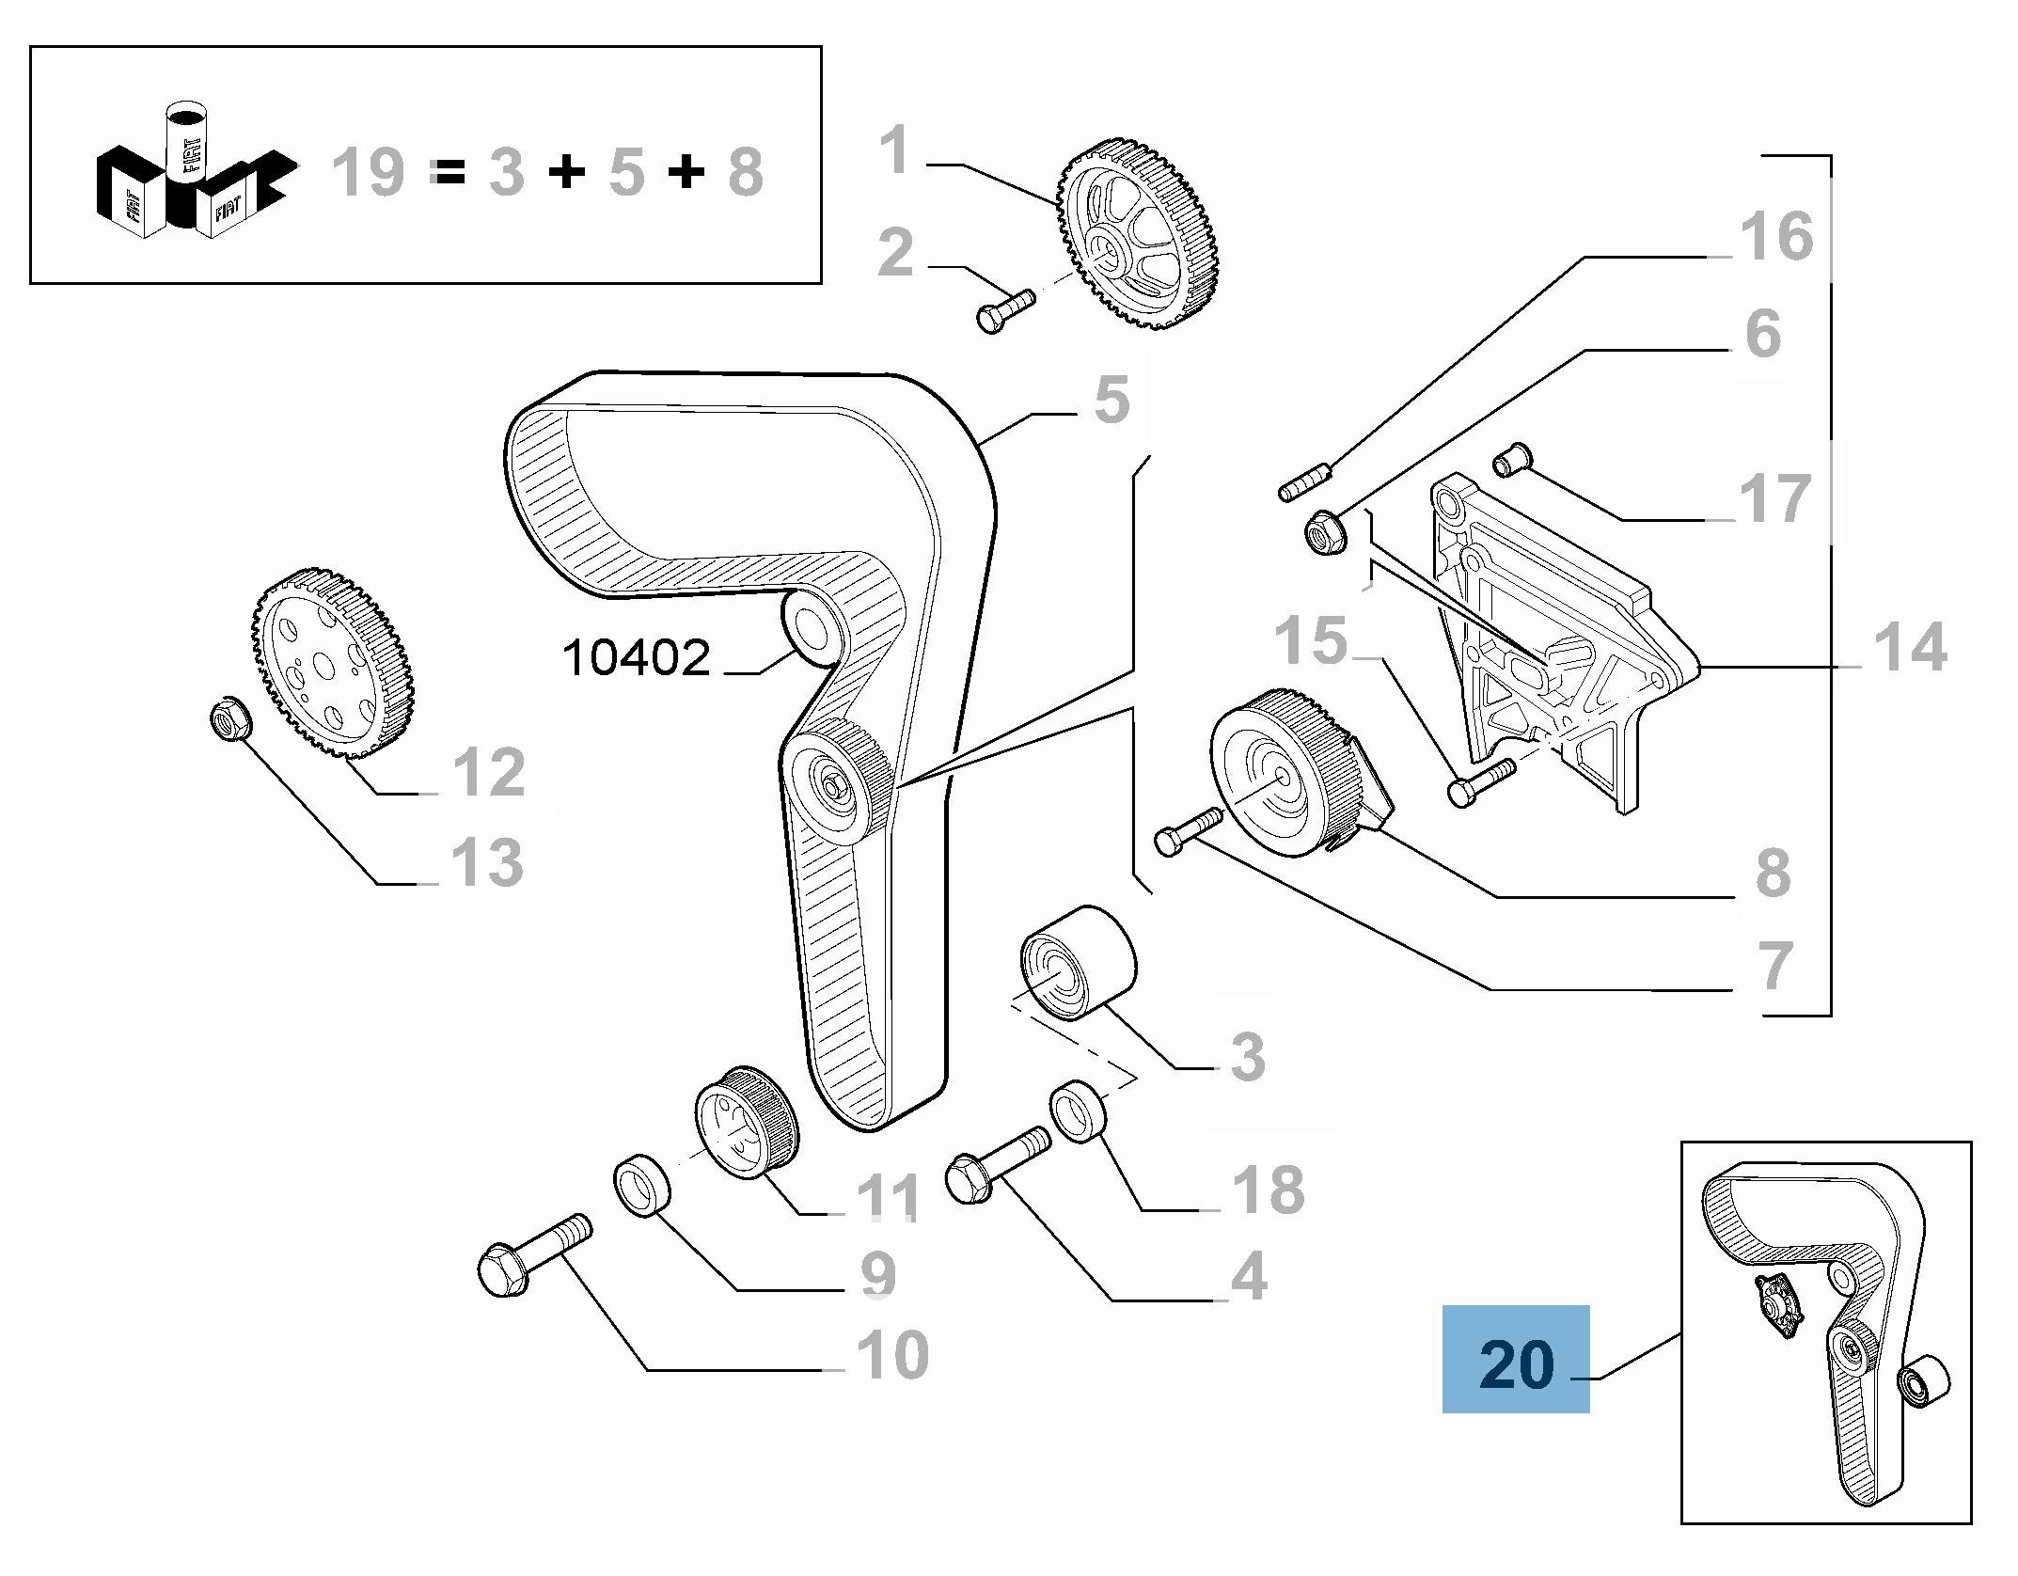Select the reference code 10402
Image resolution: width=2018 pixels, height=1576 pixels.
(x=636, y=658)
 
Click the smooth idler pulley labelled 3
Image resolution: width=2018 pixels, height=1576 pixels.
(x=1078, y=961)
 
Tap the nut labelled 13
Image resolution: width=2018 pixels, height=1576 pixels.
(x=229, y=720)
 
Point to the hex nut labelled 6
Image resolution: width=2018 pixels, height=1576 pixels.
(x=1326, y=532)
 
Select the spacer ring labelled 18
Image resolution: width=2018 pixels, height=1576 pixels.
(x=1079, y=1110)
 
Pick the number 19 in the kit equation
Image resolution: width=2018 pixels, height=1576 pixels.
(x=368, y=174)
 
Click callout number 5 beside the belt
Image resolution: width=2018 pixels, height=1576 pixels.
(x=1111, y=401)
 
